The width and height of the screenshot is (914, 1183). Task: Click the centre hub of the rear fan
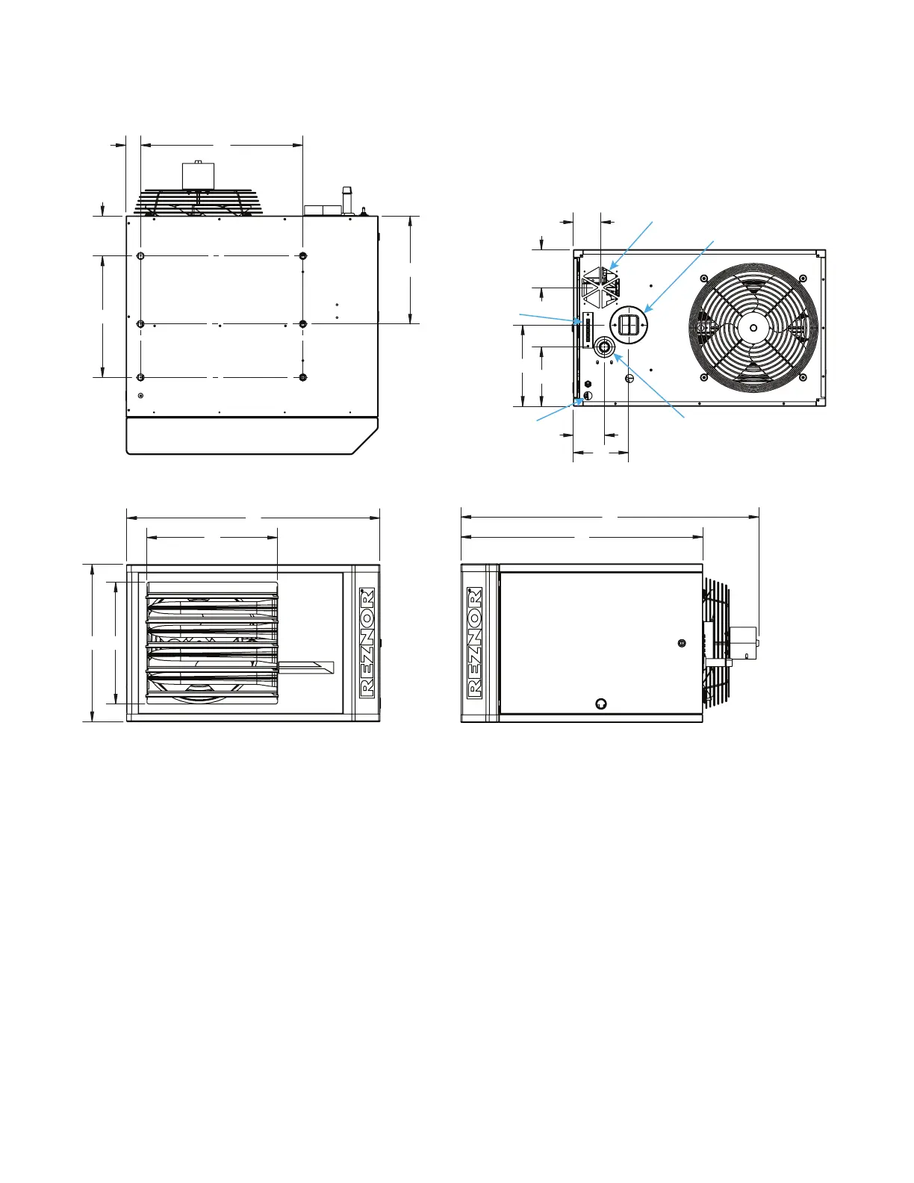click(753, 328)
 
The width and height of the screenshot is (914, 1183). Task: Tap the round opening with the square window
click(629, 324)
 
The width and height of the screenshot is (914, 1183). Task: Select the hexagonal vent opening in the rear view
click(600, 287)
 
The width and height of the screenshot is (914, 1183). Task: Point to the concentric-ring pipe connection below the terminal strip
click(604, 347)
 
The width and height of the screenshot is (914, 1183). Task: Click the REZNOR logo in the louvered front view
click(367, 642)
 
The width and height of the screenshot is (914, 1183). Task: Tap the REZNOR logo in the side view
click(475, 642)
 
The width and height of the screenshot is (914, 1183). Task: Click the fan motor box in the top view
click(198, 175)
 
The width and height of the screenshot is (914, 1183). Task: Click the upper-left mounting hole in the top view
click(140, 256)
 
